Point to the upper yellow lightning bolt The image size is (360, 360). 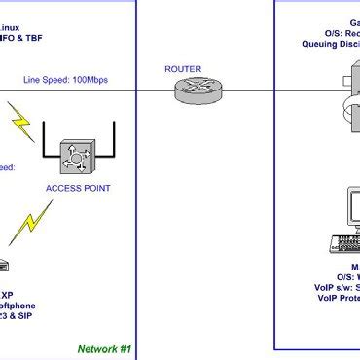coord(20,122)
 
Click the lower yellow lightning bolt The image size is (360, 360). coord(28,224)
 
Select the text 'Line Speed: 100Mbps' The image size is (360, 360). coord(64,79)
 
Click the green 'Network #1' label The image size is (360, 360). coord(104,348)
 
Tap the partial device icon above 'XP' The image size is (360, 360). coord(4,265)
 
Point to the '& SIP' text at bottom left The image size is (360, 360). coord(18,303)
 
